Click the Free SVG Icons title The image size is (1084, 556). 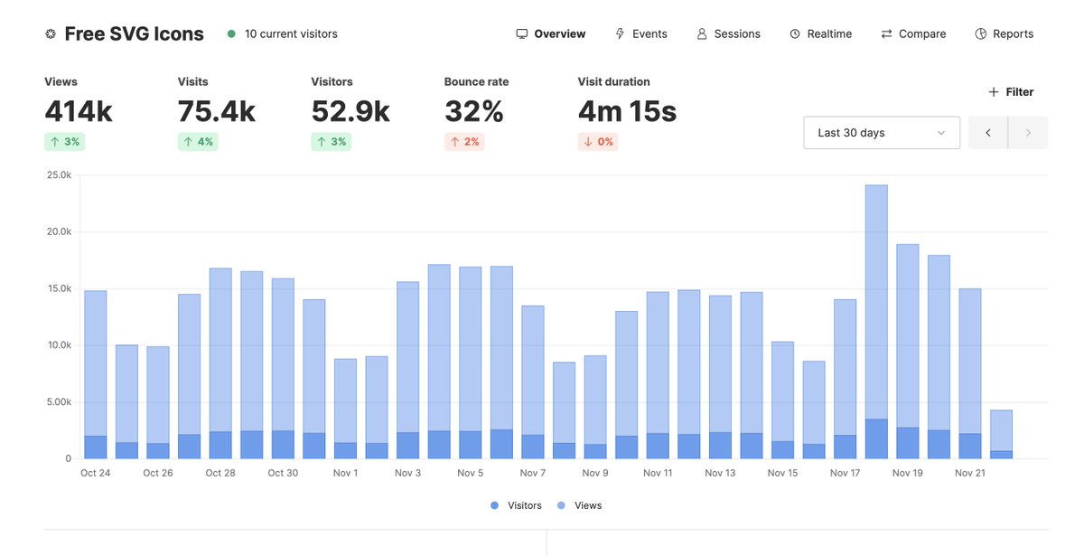134,34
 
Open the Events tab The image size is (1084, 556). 641,34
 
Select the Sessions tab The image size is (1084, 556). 728,34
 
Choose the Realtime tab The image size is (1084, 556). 820,34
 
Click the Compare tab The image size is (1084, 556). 913,34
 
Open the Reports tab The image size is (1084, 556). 1005,34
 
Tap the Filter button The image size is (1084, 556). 1011,92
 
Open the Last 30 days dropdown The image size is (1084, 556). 881,133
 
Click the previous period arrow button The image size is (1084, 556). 988,133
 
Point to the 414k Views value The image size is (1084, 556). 79,112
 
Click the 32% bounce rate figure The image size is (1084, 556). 473,112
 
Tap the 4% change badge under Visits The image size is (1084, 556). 198,142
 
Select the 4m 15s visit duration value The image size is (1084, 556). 627,112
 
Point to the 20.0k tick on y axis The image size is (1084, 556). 60,232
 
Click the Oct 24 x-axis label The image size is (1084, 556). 95,473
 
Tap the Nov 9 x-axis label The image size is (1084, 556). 595,473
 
